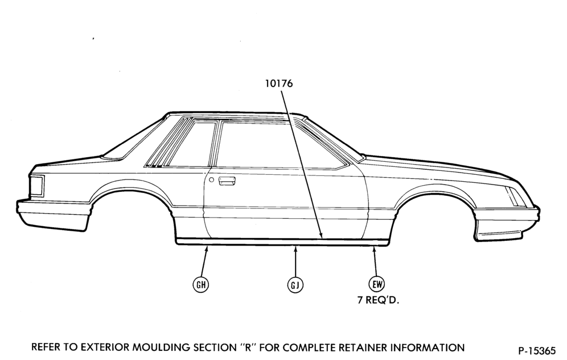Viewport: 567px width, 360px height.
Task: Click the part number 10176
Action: pyautogui.click(x=279, y=84)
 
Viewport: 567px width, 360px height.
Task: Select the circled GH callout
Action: pyautogui.click(x=201, y=285)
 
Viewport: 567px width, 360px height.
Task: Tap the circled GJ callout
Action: pyautogui.click(x=295, y=285)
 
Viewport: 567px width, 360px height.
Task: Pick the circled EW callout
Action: pyautogui.click(x=377, y=284)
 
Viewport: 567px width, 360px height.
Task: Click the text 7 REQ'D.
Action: pyautogui.click(x=378, y=300)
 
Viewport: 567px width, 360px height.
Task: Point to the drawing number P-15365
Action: pyautogui.click(x=537, y=350)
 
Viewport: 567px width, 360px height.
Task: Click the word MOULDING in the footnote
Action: pyautogui.click(x=161, y=347)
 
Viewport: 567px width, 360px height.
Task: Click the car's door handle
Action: pyautogui.click(x=227, y=181)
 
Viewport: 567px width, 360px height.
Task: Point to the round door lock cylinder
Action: pyautogui.click(x=212, y=180)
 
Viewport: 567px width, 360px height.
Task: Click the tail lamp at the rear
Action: pyautogui.click(x=36, y=186)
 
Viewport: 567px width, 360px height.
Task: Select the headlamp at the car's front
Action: pyautogui.click(x=516, y=197)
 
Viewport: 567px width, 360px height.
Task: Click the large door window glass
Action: pyautogui.click(x=275, y=145)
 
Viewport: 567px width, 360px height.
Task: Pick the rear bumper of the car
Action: pyautogui.click(x=54, y=216)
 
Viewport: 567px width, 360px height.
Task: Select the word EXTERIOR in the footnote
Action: pyautogui.click(x=104, y=347)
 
